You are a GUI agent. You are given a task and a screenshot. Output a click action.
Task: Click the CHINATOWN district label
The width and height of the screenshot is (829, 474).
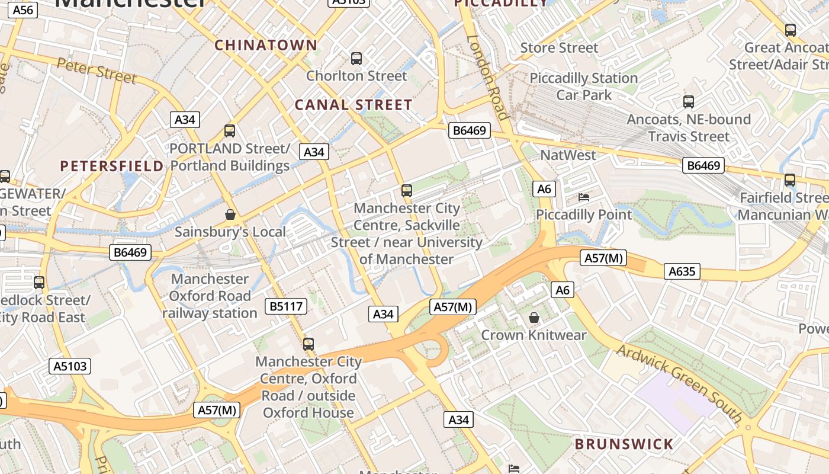click(x=266, y=45)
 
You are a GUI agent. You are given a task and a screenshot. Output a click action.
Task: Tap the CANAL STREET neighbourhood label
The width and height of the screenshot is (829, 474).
click(x=354, y=105)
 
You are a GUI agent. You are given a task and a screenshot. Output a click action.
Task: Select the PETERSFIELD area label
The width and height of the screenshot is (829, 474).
click(x=112, y=166)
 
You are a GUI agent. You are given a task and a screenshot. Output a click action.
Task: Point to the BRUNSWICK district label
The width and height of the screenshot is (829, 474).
click(x=624, y=444)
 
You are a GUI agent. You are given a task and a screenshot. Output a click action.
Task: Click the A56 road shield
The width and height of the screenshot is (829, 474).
click(x=23, y=10)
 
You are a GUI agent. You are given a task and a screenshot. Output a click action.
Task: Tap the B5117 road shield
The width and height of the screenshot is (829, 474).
click(x=286, y=306)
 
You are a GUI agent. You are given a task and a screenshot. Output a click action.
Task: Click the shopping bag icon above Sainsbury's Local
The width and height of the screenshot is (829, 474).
click(x=230, y=214)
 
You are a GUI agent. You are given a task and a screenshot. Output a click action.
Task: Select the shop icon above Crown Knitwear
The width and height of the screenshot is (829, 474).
click(x=534, y=318)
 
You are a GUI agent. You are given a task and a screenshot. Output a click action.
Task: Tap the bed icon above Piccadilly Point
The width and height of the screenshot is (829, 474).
click(x=584, y=197)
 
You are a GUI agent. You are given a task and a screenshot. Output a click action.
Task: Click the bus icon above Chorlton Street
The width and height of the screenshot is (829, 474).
click(x=356, y=59)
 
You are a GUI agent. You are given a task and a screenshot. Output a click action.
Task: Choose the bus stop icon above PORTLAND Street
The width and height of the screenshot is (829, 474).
click(x=230, y=131)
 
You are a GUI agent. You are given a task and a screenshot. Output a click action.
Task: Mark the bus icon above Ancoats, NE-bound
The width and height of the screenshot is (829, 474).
click(x=689, y=102)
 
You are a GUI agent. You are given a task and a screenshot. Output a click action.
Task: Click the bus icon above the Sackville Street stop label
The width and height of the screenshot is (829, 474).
click(x=407, y=191)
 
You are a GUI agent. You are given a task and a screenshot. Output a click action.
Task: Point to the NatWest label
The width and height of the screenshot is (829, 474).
click(x=568, y=155)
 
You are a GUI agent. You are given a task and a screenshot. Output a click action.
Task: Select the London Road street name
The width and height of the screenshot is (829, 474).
click(x=489, y=76)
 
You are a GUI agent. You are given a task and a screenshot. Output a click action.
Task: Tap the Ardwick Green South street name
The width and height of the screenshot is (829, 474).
click(x=680, y=382)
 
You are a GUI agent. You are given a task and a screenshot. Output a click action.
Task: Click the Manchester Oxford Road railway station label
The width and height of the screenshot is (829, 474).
click(x=210, y=296)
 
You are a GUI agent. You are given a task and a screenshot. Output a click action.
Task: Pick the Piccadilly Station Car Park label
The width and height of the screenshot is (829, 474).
click(x=583, y=87)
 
